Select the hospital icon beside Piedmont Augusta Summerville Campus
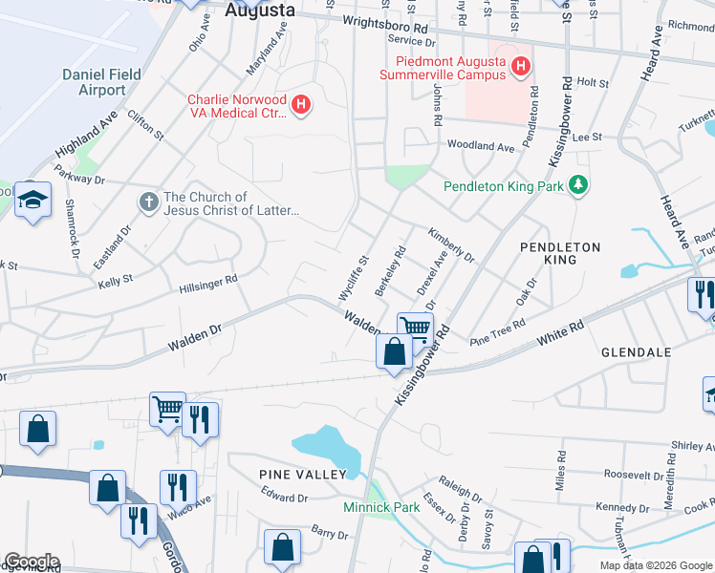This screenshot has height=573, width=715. coord(521,66)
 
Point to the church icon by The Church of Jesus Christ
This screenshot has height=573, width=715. coord(148,202)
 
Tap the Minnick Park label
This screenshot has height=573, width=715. coord(381,507)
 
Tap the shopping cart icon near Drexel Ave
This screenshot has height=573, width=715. coord(416,328)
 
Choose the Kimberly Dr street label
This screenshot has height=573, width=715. coord(450,244)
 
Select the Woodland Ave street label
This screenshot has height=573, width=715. coord(481,146)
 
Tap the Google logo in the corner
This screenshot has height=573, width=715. coord(32,562)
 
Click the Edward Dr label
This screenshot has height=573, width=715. coord(284,497)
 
